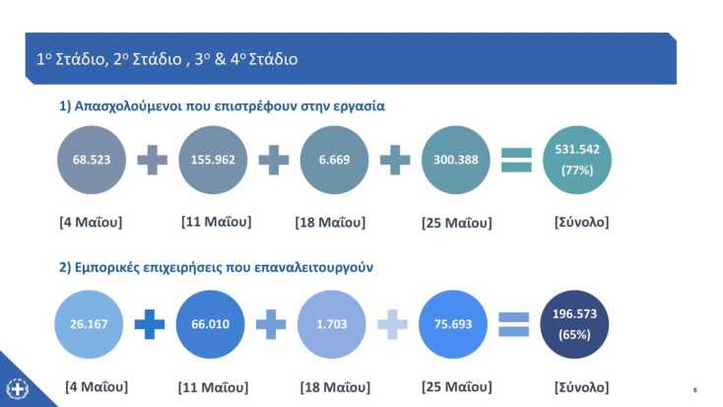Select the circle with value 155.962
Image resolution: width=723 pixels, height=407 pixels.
pos(212,160)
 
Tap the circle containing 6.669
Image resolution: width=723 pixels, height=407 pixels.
pos(334,160)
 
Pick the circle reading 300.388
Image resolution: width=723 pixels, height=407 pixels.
pos(455,160)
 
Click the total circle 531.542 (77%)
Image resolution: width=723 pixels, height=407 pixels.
pos(577,160)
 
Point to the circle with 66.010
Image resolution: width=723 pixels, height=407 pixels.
pos(211,324)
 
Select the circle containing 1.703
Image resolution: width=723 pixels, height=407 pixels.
pos(332,324)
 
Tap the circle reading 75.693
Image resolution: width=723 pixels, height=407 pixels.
pos(454,324)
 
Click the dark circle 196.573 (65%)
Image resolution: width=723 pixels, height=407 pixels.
pos(577,324)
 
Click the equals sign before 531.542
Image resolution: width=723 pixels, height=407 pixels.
pos(516,160)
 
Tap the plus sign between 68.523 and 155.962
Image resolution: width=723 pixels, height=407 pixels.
pos(152,160)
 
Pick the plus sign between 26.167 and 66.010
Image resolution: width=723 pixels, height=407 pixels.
pos(150,324)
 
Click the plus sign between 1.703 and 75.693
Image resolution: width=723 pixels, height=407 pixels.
pos(392,324)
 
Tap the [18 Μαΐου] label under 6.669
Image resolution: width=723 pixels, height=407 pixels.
pos(332,222)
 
